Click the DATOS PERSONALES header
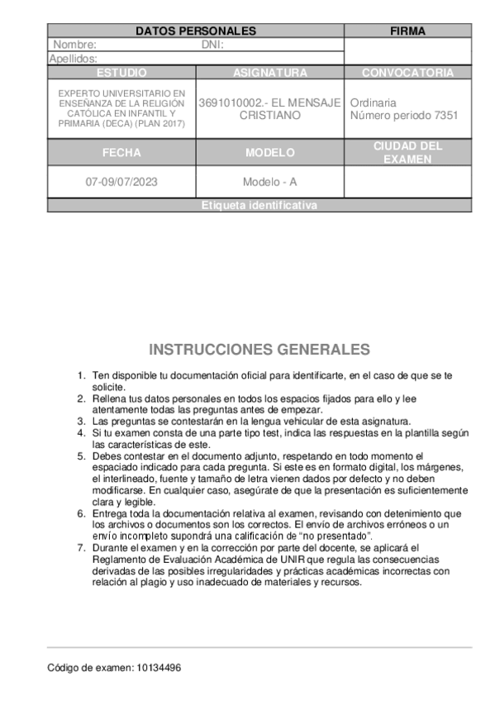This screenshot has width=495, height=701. [196, 31]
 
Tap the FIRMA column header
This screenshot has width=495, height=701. [407, 31]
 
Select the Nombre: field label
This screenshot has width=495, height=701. [75, 45]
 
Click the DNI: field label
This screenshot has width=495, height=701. [213, 45]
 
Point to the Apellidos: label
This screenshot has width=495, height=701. [73, 59]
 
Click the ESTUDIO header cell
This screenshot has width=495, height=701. [121, 73]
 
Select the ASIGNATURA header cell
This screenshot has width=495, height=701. [270, 73]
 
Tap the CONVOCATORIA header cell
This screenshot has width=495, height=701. [407, 73]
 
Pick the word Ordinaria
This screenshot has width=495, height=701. [373, 103]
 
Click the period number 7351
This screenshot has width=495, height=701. [445, 116]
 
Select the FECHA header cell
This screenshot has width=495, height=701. [121, 153]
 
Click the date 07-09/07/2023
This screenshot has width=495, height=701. [121, 182]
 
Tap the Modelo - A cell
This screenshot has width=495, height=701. [270, 182]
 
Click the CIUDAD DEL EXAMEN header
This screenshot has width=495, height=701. [407, 153]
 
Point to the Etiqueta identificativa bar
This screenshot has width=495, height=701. [259, 206]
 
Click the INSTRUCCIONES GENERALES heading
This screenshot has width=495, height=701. [259, 350]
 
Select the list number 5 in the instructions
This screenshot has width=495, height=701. [81, 456]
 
